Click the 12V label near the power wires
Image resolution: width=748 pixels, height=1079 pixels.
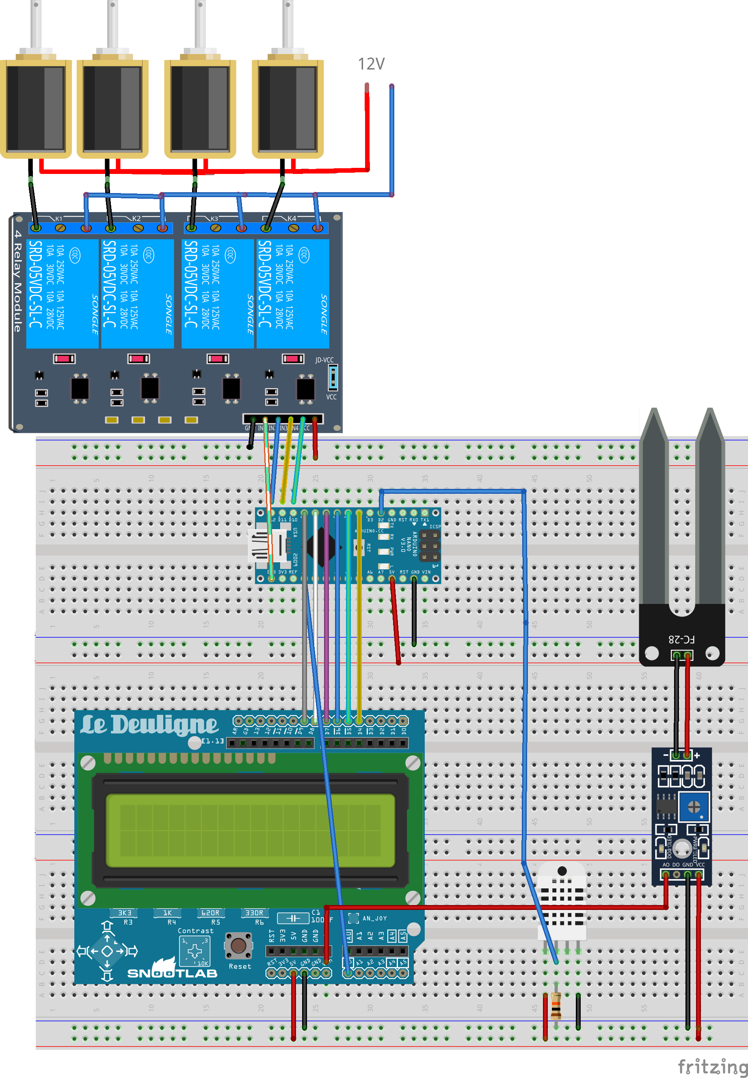[x=371, y=64]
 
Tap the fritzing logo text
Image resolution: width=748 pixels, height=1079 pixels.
[x=712, y=1066]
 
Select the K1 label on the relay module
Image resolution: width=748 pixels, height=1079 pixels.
[x=58, y=219]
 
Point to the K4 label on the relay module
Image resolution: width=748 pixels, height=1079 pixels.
[x=292, y=219]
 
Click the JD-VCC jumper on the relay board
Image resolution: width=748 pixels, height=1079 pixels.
[x=333, y=378]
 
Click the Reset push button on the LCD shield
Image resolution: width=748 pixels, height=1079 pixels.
[x=238, y=945]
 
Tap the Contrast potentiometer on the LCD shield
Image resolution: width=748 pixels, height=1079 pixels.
[x=195, y=951]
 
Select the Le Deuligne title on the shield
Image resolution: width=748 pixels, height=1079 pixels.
[x=149, y=725]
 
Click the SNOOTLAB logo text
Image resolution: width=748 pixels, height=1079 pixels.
[x=172, y=973]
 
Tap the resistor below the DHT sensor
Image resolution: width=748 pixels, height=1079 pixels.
[x=556, y=1006]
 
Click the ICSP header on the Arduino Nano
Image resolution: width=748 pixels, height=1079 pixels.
[x=429, y=546]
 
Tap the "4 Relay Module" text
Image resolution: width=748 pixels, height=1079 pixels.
[x=18, y=281]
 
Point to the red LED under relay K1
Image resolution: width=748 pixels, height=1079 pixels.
[x=64, y=359]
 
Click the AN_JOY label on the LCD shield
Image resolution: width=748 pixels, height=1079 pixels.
[x=374, y=918]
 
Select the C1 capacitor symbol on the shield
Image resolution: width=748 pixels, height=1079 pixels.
[x=293, y=918]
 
